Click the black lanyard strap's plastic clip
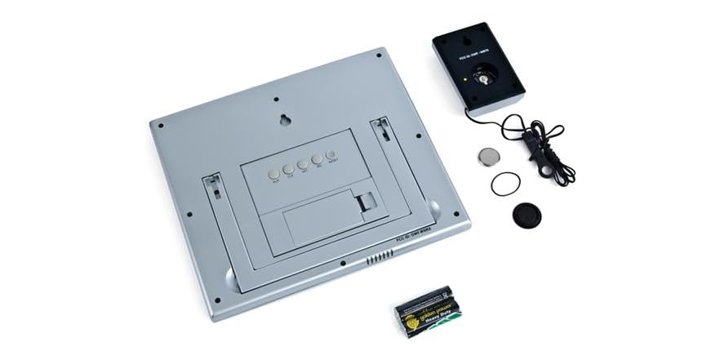[535, 146]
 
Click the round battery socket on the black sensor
[484, 80]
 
